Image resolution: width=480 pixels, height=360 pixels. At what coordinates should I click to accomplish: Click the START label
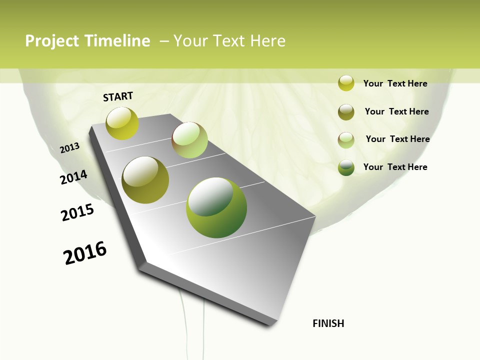pyautogui.click(x=118, y=96)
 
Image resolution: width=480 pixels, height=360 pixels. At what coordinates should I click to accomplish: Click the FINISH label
pyautogui.click(x=328, y=323)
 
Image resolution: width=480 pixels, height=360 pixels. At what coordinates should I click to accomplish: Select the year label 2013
pyautogui.click(x=70, y=148)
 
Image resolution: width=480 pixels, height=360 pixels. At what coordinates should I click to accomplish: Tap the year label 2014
pyautogui.click(x=74, y=177)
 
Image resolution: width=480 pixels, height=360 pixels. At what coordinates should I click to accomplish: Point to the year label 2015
pyautogui.click(x=77, y=212)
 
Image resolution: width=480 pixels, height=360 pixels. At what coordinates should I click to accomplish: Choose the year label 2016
pyautogui.click(x=85, y=253)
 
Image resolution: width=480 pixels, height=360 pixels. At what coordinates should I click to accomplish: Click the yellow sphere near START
pyautogui.click(x=122, y=123)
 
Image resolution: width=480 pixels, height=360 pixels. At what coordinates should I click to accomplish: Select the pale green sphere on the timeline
pyautogui.click(x=189, y=140)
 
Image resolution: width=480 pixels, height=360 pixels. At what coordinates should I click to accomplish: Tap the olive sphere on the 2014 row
pyautogui.click(x=145, y=180)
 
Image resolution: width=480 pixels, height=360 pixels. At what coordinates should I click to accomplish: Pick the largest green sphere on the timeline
pyautogui.click(x=216, y=207)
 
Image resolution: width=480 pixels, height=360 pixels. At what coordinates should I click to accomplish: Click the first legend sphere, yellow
pyautogui.click(x=346, y=83)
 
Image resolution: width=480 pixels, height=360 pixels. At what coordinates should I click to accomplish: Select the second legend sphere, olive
pyautogui.click(x=346, y=112)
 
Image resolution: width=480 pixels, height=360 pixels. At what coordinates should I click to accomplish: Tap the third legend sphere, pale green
pyautogui.click(x=346, y=140)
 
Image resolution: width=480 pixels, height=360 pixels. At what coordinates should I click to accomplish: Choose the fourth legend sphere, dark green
pyautogui.click(x=346, y=167)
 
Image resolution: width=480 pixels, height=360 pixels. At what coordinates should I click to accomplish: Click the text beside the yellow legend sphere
pyautogui.click(x=395, y=83)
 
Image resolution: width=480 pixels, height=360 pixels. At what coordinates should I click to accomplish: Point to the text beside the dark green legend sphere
pyautogui.click(x=395, y=167)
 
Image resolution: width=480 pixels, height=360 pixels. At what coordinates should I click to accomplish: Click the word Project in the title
pyautogui.click(x=52, y=41)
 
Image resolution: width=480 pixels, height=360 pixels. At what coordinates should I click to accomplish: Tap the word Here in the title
pyautogui.click(x=267, y=41)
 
